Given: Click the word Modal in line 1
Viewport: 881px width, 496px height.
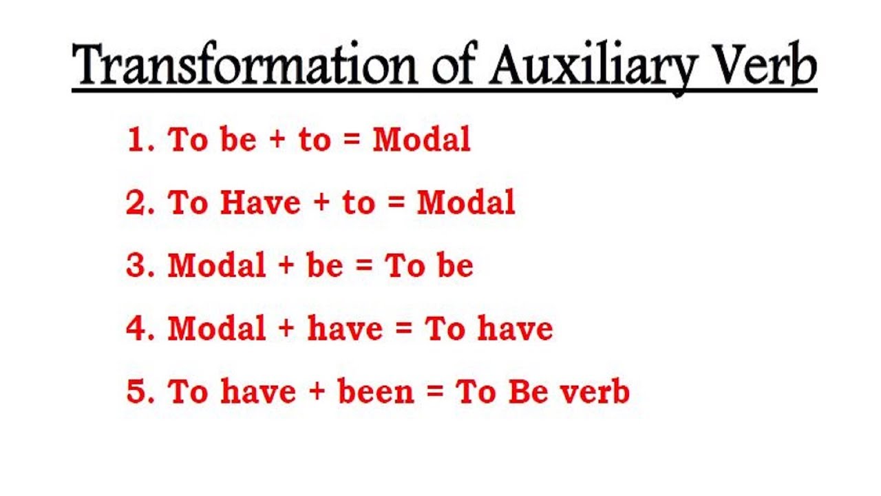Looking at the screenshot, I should click(x=421, y=140).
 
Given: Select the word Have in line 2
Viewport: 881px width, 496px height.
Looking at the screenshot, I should click(x=260, y=203).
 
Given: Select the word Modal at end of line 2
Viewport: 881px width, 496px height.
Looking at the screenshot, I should click(x=466, y=203).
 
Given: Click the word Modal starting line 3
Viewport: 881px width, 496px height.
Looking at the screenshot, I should click(x=217, y=267).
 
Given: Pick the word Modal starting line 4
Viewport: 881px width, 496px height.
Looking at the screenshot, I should click(x=217, y=329).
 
